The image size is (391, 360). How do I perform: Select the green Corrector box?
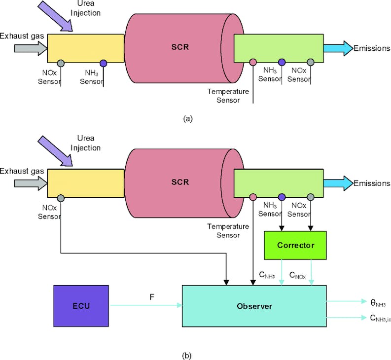295,245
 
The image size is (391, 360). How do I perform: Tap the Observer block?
254,306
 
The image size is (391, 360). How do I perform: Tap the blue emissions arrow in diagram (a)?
338,48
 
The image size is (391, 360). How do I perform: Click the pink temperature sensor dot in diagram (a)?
253,63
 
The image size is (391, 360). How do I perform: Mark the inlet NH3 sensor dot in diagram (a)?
103,63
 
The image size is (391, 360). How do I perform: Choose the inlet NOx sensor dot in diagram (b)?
61,198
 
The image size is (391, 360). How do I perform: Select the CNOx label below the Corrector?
297,276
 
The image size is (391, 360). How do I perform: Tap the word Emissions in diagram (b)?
372,183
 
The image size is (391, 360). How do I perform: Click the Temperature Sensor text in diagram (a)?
224,96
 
